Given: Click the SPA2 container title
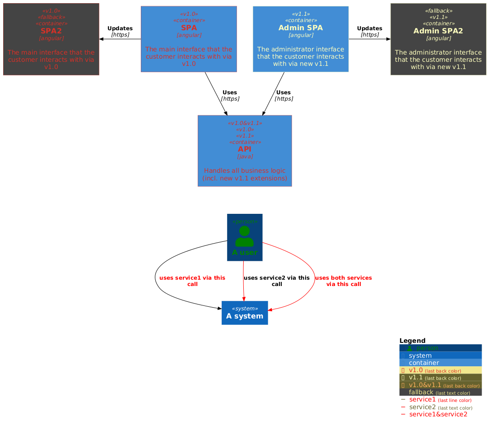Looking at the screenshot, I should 51,31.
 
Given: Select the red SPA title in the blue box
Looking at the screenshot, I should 189,28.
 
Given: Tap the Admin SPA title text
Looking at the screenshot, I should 301,28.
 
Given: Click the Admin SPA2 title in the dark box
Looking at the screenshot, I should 438,31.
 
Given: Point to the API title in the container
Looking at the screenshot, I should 245,149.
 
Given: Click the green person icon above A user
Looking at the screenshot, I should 244,236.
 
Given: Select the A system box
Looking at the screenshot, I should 245,313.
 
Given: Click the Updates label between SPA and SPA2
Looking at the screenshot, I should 120,28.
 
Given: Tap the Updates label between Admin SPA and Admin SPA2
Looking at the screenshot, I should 370,28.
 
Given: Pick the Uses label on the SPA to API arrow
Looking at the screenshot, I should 230,92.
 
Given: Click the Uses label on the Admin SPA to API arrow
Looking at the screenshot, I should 283,92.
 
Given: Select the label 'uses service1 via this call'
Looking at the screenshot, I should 192,281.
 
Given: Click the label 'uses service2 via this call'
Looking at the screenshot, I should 277,281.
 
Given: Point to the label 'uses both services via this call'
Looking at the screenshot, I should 343,281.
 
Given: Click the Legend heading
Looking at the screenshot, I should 412,341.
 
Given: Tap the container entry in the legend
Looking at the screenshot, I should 423,363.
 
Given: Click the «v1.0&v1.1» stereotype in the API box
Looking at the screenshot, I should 245,123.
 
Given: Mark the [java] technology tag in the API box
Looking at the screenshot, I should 245,157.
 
